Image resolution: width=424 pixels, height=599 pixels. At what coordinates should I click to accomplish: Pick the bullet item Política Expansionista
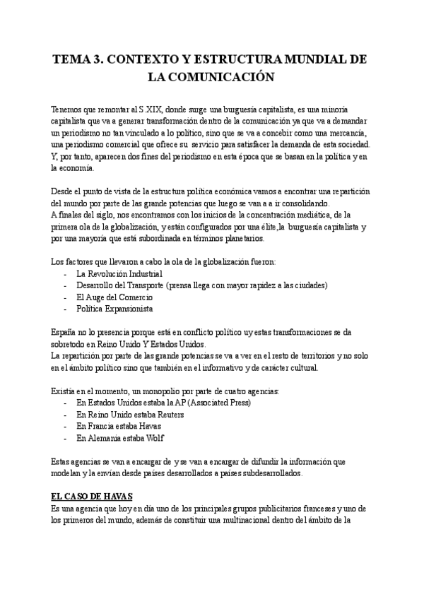114,309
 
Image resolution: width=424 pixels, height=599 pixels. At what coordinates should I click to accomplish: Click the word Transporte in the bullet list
143,285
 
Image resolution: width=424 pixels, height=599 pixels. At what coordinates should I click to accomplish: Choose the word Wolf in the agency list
155,438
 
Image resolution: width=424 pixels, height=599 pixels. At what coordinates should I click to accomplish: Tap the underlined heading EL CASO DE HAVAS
92,497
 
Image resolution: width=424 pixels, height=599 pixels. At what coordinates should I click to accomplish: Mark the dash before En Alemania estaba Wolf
66,438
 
